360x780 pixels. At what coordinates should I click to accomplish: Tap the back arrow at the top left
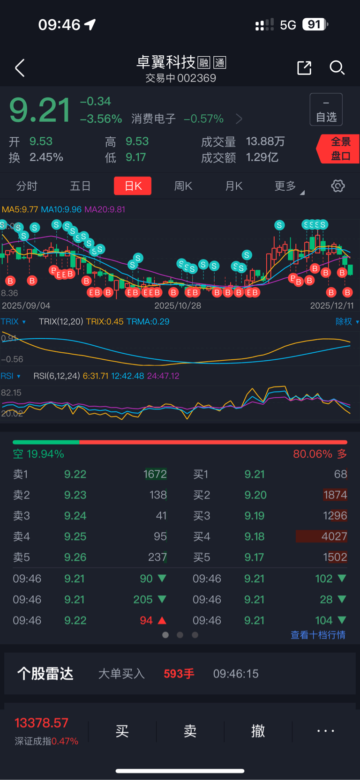click(20, 68)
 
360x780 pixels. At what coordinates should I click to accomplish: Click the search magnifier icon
click(337, 68)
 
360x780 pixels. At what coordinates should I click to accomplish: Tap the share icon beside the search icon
click(304, 68)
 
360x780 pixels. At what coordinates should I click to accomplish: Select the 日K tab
click(133, 186)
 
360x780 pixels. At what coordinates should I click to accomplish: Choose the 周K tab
click(183, 186)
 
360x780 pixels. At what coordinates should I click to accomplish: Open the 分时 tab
click(27, 186)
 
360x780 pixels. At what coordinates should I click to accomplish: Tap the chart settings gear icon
click(338, 186)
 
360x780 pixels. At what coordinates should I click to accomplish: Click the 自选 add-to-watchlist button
click(326, 110)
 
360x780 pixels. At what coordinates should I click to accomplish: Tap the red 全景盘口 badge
click(339, 149)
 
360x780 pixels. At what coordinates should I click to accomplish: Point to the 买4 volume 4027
click(334, 536)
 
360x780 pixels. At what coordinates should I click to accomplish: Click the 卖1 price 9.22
click(75, 474)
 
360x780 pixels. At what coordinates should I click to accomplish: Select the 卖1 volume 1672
click(155, 474)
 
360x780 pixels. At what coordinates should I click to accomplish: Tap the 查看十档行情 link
click(318, 635)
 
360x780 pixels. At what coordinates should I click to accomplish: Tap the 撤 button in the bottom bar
click(258, 731)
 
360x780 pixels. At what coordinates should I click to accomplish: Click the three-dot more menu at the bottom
click(325, 731)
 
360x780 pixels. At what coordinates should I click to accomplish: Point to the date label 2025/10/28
click(178, 305)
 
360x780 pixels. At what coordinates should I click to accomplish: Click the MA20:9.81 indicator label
click(105, 209)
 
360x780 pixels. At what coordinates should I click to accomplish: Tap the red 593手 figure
click(179, 674)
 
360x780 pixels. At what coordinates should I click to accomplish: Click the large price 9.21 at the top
click(40, 111)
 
